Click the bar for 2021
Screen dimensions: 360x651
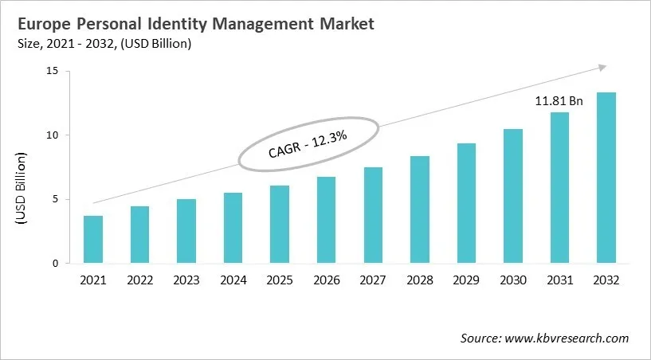click(x=93, y=240)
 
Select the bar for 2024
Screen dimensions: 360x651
click(x=233, y=228)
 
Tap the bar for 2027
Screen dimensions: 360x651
click(x=373, y=215)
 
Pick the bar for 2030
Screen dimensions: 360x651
click(x=513, y=196)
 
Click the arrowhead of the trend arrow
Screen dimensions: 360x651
click(x=603, y=68)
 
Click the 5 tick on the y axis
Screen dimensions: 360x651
click(x=56, y=199)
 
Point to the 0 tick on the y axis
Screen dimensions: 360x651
click(x=56, y=264)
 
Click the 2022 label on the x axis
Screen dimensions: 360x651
click(x=139, y=280)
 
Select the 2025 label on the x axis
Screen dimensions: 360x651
click(x=280, y=280)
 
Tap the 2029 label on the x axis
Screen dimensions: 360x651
click(x=466, y=280)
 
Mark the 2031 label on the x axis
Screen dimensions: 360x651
click(x=559, y=280)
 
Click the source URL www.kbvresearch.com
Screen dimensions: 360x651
click(x=565, y=338)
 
